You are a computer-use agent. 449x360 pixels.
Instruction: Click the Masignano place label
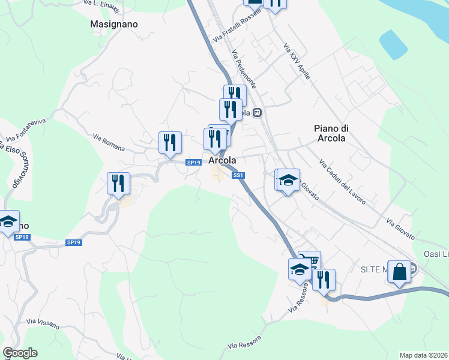pyautogui.click(x=113, y=25)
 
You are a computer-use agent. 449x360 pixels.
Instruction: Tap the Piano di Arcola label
pyautogui.click(x=330, y=133)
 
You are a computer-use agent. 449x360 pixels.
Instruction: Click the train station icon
pyautogui.click(x=257, y=112)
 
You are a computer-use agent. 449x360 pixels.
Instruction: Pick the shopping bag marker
pyautogui.click(x=399, y=272)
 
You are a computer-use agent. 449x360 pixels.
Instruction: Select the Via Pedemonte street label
pyautogui.click(x=243, y=70)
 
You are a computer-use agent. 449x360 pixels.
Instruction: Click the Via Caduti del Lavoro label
pyautogui.click(x=342, y=182)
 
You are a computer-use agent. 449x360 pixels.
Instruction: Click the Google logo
pyautogui.click(x=20, y=353)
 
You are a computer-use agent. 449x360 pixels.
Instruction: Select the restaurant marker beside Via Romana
pyautogui.click(x=170, y=143)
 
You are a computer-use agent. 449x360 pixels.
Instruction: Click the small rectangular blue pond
pyautogui.click(x=394, y=44)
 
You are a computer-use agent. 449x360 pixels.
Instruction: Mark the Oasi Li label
pyautogui.click(x=436, y=253)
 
